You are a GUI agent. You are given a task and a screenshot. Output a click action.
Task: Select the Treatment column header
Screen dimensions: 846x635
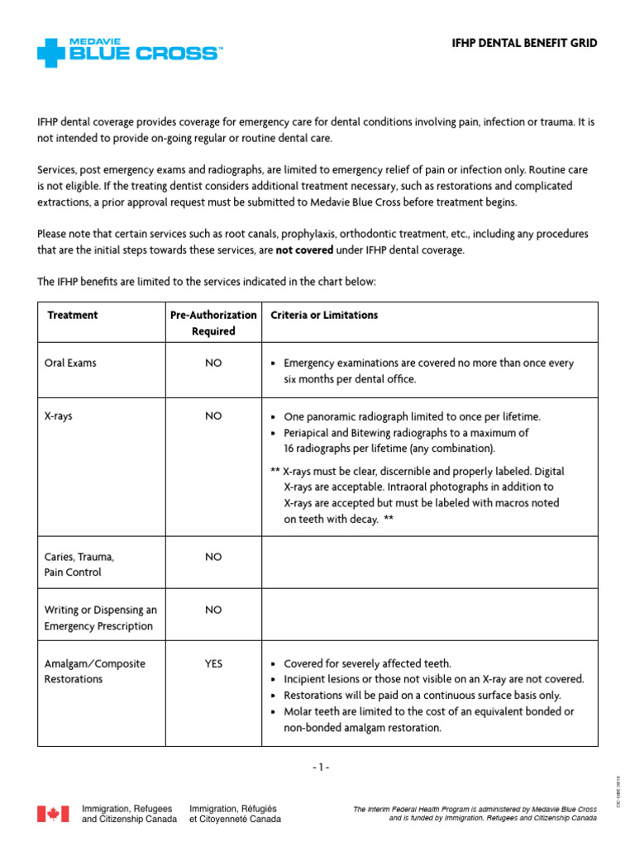[x=73, y=315]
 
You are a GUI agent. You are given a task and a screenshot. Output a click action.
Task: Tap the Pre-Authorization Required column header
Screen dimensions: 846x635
[x=214, y=322]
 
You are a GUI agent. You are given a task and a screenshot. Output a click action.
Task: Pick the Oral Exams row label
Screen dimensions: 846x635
[x=70, y=363]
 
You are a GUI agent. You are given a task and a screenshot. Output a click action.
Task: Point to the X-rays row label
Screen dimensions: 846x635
[x=58, y=416]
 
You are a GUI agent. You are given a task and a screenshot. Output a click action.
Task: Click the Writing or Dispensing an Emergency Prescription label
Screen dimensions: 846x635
[x=99, y=617]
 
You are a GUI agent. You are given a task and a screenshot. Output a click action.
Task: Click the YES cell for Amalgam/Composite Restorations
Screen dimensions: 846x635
[x=214, y=663]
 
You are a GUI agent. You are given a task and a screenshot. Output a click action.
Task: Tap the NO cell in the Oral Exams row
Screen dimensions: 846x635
[x=214, y=363]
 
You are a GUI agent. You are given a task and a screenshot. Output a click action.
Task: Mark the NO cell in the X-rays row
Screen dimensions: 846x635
[x=214, y=416]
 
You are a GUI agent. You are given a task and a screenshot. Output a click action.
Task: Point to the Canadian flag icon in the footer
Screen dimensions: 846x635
[x=53, y=814]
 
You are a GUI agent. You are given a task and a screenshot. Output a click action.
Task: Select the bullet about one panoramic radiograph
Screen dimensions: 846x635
[x=411, y=416]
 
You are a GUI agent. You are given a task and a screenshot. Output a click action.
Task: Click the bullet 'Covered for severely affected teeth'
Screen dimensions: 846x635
[x=367, y=663]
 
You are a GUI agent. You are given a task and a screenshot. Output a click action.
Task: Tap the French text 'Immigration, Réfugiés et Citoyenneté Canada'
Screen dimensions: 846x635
[x=235, y=814]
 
